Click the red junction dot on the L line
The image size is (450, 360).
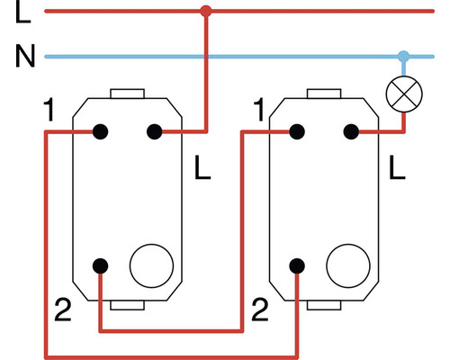[206, 12]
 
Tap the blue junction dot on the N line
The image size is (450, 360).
[403, 56]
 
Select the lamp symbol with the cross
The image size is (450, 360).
[404, 94]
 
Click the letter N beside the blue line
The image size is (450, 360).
[25, 56]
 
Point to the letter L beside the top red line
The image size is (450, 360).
[22, 12]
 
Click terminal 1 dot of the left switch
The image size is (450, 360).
[100, 131]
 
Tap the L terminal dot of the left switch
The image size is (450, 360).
[155, 131]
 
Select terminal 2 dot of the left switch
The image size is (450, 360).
[100, 265]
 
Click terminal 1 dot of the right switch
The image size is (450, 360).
[297, 131]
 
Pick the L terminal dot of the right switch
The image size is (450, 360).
[351, 131]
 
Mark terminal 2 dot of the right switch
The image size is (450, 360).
[297, 265]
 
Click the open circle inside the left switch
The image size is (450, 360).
[151, 265]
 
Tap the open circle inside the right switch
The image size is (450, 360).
[348, 265]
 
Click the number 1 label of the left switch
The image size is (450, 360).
[49, 110]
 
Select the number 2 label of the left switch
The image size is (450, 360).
[63, 310]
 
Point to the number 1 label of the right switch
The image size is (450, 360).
[259, 110]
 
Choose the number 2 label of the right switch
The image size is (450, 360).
[260, 310]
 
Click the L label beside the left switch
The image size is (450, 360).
[202, 167]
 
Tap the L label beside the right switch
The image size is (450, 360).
[397, 167]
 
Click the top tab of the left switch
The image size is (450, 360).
[127, 94]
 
